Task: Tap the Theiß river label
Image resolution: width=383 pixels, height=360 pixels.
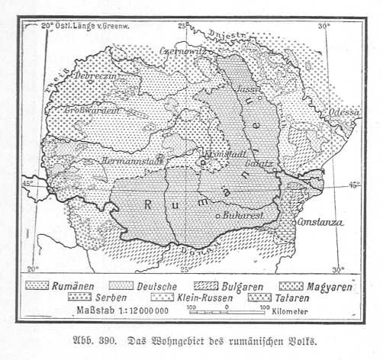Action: pos(55,77)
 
